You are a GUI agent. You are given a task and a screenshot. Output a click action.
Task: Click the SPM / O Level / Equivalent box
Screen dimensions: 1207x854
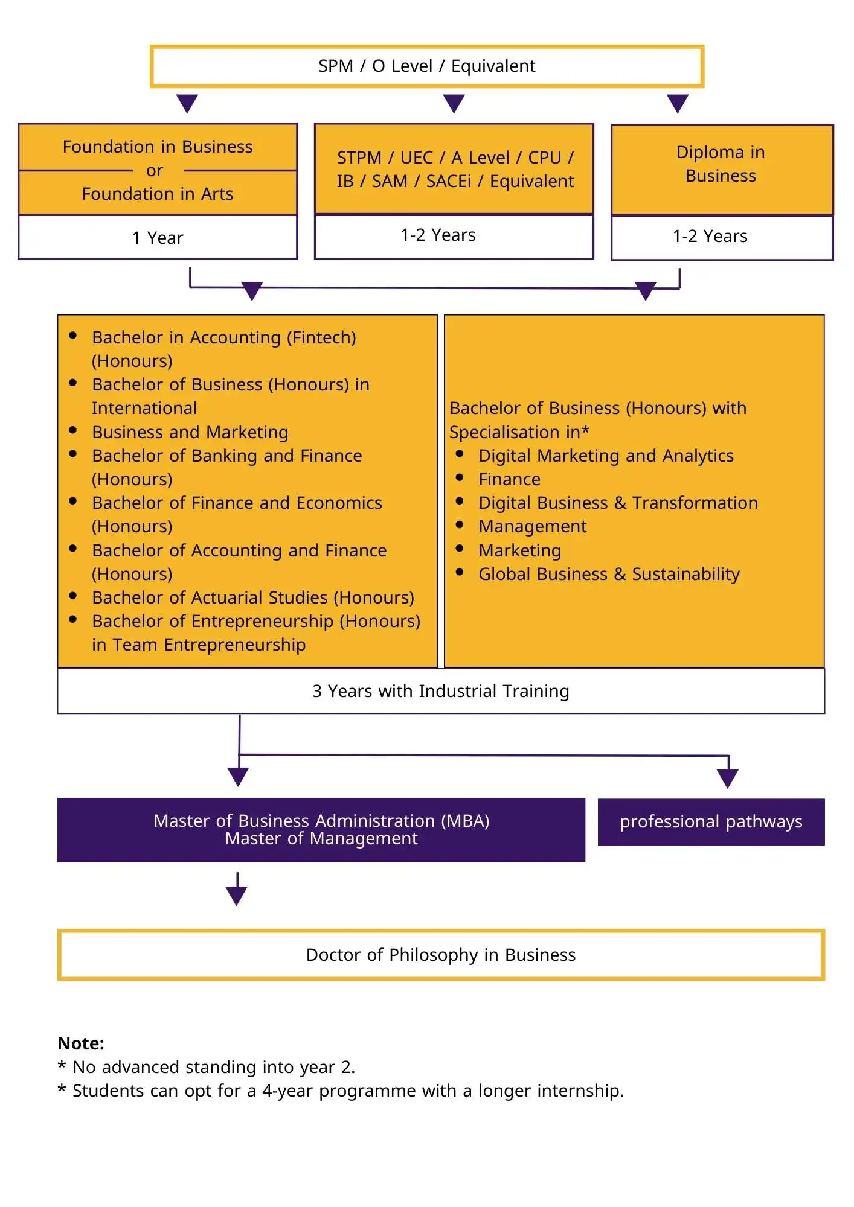(x=426, y=66)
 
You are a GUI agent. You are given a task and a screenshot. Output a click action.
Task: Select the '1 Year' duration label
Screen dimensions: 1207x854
(x=158, y=238)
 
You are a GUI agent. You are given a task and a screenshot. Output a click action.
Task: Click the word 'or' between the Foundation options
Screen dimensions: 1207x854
(x=155, y=171)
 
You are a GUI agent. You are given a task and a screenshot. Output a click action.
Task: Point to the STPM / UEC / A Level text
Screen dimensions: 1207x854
(x=455, y=158)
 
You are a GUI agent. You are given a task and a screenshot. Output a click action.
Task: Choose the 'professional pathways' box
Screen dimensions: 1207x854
(x=711, y=822)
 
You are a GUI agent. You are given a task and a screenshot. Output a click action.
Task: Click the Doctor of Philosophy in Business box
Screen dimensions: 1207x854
(x=441, y=955)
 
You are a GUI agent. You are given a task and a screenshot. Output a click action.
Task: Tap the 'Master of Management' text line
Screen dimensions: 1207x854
(x=321, y=839)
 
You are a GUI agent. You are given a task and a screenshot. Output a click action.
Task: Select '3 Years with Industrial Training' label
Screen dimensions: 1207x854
(x=441, y=691)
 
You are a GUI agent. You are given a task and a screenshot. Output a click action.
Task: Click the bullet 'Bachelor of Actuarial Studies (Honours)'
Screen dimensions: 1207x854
(x=253, y=597)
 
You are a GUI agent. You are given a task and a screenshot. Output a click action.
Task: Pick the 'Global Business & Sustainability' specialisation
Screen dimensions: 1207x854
(x=609, y=574)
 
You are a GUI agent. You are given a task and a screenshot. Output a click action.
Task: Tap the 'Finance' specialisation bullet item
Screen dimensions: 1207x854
(x=509, y=479)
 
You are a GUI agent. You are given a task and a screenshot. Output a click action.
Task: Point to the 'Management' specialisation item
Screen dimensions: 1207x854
(x=532, y=526)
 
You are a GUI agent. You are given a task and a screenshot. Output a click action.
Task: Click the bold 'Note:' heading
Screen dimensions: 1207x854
(x=81, y=1043)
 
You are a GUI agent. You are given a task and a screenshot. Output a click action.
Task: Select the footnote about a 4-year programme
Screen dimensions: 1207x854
(x=348, y=1091)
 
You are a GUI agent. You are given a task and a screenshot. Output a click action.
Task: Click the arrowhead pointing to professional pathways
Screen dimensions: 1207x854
(x=728, y=779)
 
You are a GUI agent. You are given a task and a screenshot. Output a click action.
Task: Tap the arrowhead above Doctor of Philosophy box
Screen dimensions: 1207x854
(x=237, y=895)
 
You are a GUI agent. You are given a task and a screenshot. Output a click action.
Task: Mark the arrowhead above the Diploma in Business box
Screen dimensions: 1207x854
(x=678, y=103)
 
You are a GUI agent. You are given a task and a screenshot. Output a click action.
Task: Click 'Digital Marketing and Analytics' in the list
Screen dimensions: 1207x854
(x=606, y=456)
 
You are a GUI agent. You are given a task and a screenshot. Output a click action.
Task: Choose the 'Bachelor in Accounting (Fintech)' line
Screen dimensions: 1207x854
(x=224, y=337)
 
